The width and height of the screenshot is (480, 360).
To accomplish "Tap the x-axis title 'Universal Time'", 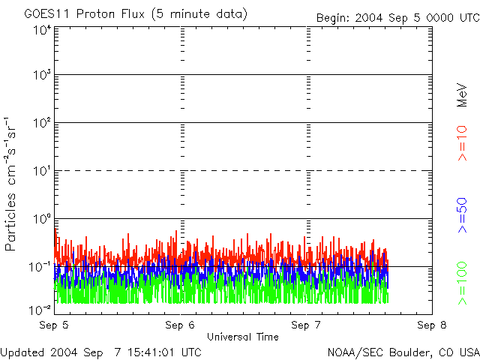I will (x=242, y=337).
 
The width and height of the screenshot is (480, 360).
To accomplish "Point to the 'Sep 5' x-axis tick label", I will (x=54, y=325).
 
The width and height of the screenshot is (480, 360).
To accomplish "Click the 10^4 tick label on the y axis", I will (x=41, y=30).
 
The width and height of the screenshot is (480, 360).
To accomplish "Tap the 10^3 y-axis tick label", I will (x=41, y=76).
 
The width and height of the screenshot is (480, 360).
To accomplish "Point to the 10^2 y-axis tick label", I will (x=41, y=123).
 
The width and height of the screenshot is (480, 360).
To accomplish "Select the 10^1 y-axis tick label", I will (x=41, y=171).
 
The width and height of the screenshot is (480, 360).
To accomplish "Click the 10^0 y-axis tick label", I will (x=41, y=219).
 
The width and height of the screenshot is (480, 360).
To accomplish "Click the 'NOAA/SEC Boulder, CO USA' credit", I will (x=403, y=352).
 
